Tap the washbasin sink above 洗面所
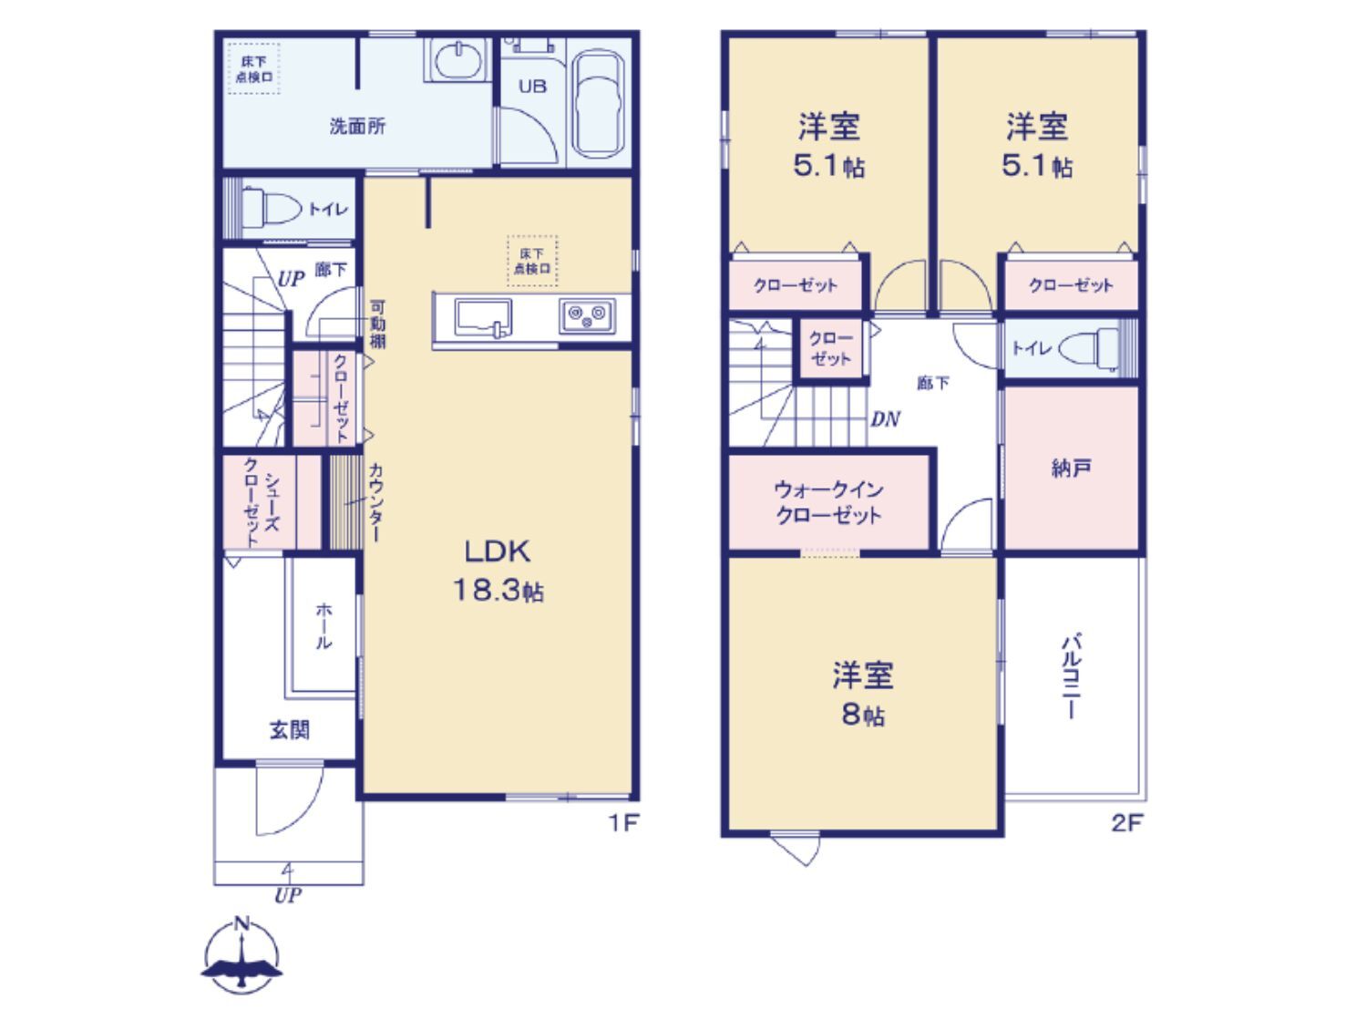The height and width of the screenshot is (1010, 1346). pos(457,60)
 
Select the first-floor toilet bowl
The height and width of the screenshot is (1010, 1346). pos(271,209)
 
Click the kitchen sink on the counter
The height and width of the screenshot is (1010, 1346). pos(483,317)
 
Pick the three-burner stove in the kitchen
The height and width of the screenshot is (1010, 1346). pos(586,316)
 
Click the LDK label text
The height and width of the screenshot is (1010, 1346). pos(497,551)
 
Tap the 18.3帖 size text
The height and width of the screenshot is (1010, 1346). pos(498,590)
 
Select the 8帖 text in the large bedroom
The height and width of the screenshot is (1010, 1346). pos(862,716)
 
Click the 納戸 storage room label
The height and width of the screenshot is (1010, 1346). pos(1070,469)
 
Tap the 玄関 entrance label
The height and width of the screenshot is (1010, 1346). pos(290,730)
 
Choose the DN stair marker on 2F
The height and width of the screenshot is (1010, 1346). pos(885,419)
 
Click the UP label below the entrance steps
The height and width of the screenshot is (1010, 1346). pos(288,896)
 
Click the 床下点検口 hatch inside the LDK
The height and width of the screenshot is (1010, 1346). pos(532,261)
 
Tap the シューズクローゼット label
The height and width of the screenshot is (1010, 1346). pos(262,501)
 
